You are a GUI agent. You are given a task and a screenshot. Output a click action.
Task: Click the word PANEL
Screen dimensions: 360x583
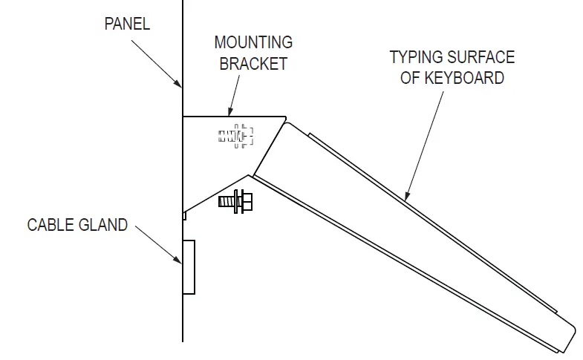(126, 24)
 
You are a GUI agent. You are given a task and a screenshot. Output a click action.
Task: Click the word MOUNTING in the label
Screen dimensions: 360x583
(253, 42)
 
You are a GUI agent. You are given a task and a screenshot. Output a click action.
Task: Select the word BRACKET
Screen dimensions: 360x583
(253, 64)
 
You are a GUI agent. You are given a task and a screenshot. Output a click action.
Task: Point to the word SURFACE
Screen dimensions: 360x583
(483, 57)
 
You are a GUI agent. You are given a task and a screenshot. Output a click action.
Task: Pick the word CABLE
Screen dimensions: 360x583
(55, 225)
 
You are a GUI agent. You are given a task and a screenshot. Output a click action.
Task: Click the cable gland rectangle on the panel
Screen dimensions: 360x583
(189, 267)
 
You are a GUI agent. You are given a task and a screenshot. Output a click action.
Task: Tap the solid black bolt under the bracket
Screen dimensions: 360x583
(236, 201)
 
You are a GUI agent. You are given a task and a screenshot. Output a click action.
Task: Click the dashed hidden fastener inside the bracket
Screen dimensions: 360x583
(236, 136)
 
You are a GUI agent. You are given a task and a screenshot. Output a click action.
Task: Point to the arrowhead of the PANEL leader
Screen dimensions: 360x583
(180, 85)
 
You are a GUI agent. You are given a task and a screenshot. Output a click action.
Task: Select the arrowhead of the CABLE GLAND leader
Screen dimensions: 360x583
(180, 262)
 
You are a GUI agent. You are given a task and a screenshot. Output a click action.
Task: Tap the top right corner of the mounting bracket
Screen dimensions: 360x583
(287, 116)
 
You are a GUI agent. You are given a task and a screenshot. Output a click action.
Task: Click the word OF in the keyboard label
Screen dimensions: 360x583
(411, 78)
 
